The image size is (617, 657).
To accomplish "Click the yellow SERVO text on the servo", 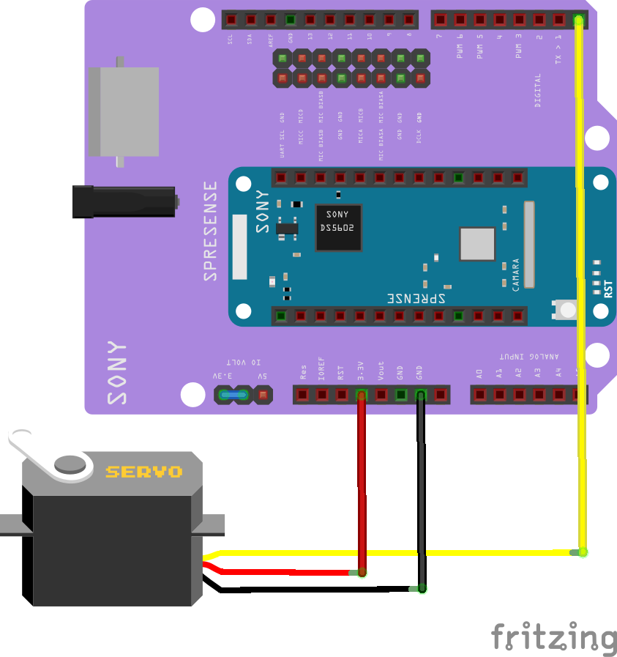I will pyautogui.click(x=143, y=472).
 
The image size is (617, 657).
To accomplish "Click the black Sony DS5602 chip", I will pyautogui.click(x=338, y=227).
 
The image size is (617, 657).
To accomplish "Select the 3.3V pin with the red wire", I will pyautogui.click(x=361, y=396).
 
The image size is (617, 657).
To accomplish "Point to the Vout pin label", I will pyautogui.click(x=381, y=371).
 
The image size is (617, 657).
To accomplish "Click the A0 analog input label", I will pyautogui.click(x=479, y=373).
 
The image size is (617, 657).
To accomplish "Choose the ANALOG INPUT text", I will pyautogui.click(x=529, y=357).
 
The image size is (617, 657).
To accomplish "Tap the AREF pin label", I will pyautogui.click(x=271, y=40).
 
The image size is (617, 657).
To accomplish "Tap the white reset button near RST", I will pyautogui.click(x=567, y=310).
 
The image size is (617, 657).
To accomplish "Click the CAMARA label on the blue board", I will pyautogui.click(x=516, y=275).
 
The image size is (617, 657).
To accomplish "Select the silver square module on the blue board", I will pyautogui.click(x=478, y=244).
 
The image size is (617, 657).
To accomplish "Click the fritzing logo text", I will pyautogui.click(x=553, y=636).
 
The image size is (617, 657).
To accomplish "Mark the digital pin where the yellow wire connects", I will pyautogui.click(x=578, y=20).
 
